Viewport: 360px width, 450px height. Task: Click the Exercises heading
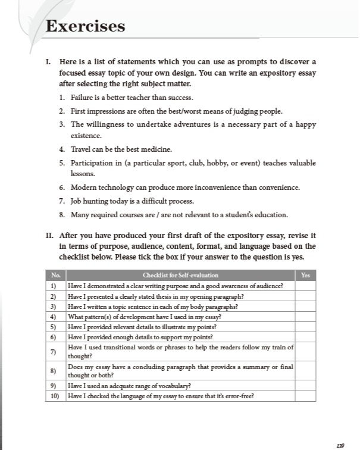tap(85, 26)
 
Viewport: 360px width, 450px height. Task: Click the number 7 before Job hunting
tap(62, 201)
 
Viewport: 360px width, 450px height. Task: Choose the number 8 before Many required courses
tap(62, 214)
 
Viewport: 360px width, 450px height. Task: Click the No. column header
tap(55, 275)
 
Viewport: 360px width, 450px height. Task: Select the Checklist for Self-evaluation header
tap(180, 275)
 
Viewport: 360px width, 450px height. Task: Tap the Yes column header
tap(305, 275)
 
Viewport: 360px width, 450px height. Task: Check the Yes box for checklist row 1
tap(305, 285)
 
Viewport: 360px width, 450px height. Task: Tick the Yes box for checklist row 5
tap(305, 327)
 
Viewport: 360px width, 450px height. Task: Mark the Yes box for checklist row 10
tap(305, 396)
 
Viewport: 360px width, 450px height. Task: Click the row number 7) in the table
tap(54, 351)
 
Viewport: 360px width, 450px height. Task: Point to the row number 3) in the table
tap(54, 307)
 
